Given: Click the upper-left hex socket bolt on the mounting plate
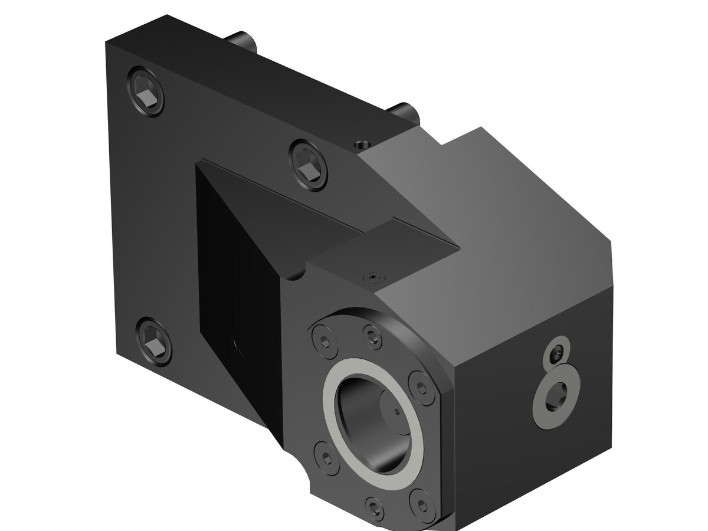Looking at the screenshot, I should click(145, 93).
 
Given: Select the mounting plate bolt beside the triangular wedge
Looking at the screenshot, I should click(308, 165).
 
